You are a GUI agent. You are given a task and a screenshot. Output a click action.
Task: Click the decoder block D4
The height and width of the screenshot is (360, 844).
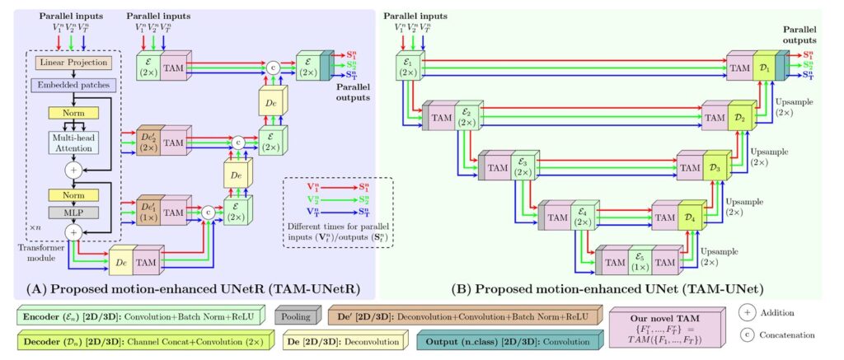point(689,218)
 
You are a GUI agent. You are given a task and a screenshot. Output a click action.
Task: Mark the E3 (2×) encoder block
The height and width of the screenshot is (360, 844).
point(521,166)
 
